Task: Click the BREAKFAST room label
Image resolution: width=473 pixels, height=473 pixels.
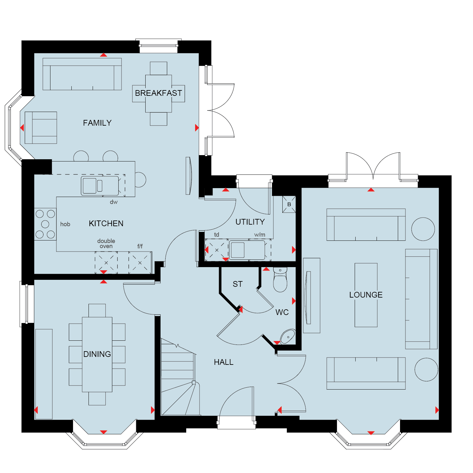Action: click(x=158, y=93)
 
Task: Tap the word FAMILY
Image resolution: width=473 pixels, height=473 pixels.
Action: click(x=97, y=123)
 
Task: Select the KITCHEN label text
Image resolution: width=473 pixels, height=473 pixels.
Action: click(x=106, y=223)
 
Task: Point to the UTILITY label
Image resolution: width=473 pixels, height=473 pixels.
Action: click(x=250, y=222)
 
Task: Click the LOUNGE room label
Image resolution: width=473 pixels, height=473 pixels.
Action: click(x=366, y=295)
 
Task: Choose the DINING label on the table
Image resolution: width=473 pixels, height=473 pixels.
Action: click(x=97, y=354)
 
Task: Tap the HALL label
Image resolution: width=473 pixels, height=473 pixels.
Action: click(x=224, y=362)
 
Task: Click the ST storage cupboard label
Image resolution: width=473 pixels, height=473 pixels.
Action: click(x=238, y=284)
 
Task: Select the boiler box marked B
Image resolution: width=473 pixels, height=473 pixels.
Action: click(x=289, y=204)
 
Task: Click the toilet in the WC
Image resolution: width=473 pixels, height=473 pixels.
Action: click(x=280, y=279)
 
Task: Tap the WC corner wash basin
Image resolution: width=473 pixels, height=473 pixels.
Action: click(x=288, y=337)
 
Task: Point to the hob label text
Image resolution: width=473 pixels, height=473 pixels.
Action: click(x=65, y=224)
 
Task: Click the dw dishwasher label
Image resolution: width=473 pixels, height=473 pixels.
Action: click(x=114, y=202)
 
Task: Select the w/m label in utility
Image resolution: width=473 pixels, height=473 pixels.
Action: click(x=259, y=235)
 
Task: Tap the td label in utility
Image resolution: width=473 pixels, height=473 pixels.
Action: click(x=217, y=235)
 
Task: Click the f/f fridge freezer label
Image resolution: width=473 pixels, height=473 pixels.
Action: click(x=140, y=246)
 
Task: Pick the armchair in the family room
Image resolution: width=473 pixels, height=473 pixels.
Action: click(x=41, y=128)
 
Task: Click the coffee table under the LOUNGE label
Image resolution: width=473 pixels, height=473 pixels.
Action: click(x=366, y=295)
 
